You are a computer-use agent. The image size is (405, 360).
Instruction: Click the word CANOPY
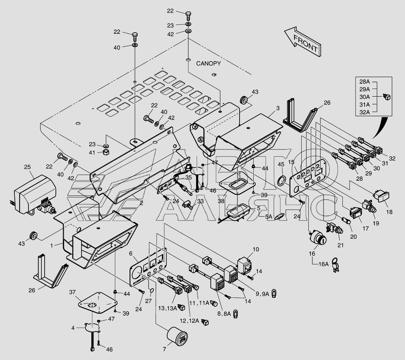208,64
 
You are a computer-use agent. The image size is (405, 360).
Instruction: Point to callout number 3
277,108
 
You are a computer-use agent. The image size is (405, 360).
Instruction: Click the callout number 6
130,253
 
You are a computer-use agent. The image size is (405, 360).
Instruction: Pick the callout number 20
353,237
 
